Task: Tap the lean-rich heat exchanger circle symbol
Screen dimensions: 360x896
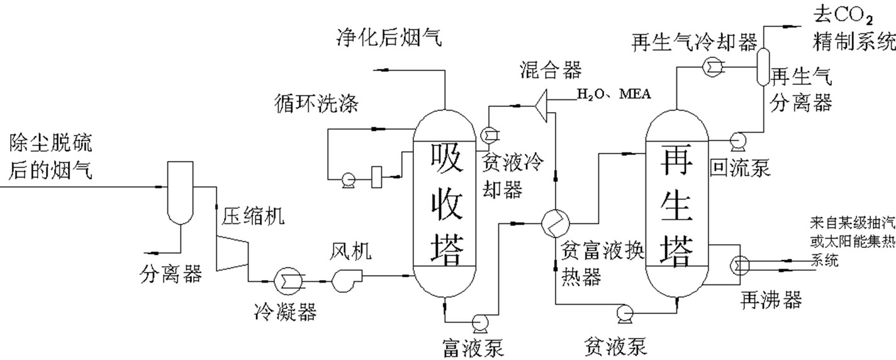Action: pyautogui.click(x=555, y=222)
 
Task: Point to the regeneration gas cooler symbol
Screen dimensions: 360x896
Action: pyautogui.click(x=712, y=65)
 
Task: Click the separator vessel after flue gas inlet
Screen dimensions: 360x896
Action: pyautogui.click(x=180, y=192)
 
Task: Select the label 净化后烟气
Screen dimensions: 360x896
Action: pyautogui.click(x=388, y=38)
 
